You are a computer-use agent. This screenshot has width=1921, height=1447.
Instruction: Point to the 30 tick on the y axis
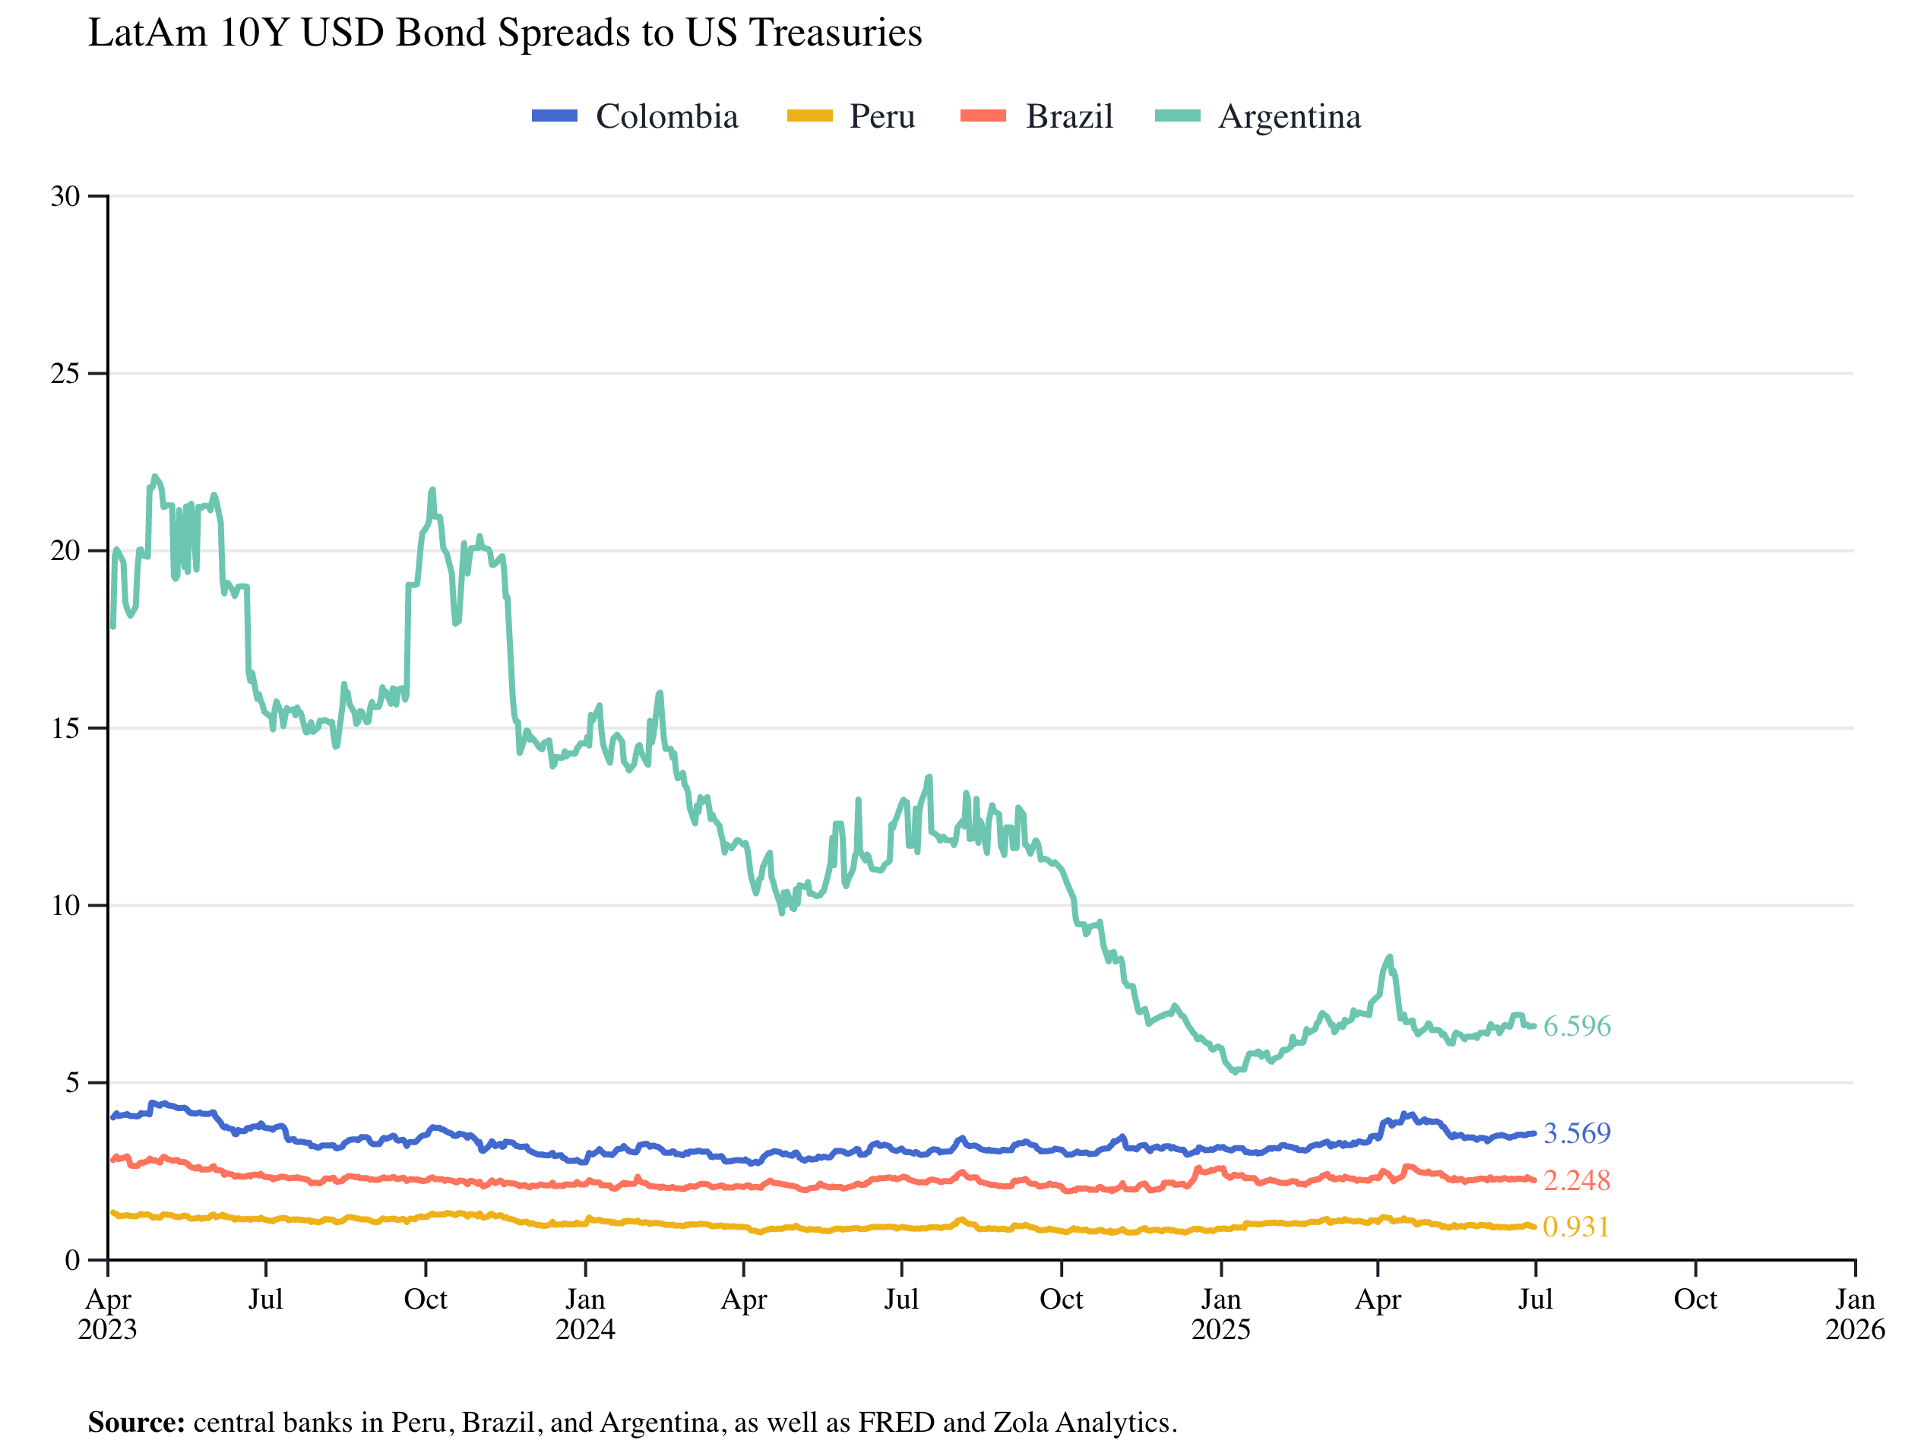(65, 196)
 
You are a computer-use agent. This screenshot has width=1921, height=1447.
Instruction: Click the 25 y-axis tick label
(65, 373)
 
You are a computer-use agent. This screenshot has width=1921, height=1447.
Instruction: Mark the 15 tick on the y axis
(65, 728)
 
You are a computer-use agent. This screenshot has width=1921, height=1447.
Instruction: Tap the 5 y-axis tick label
(72, 1082)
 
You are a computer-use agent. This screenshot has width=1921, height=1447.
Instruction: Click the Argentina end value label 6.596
(1576, 1026)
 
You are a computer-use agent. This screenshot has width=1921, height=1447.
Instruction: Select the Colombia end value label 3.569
(1576, 1132)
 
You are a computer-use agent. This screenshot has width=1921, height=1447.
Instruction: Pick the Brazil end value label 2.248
(1576, 1179)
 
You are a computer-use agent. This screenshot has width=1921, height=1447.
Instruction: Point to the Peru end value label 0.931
(1576, 1227)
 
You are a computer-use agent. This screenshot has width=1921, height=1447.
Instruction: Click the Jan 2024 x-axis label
(585, 1313)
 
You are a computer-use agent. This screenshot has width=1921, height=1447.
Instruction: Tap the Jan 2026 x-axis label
(1855, 1313)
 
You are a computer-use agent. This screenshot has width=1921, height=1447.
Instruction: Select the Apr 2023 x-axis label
(108, 1313)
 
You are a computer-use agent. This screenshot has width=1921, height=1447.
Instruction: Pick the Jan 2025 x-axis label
(1220, 1313)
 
